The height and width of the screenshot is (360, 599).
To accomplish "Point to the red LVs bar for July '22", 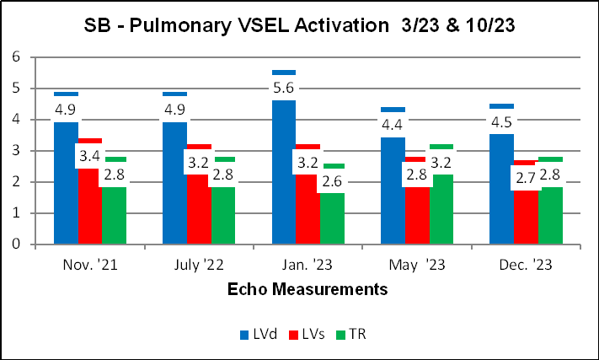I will [x=199, y=219].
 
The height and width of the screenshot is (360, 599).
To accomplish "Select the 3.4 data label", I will [x=91, y=155].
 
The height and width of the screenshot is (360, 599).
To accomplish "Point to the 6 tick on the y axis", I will [x=15, y=57].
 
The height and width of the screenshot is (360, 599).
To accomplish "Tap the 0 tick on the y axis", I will [x=15, y=244].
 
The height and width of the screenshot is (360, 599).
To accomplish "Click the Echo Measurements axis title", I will [x=308, y=290].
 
